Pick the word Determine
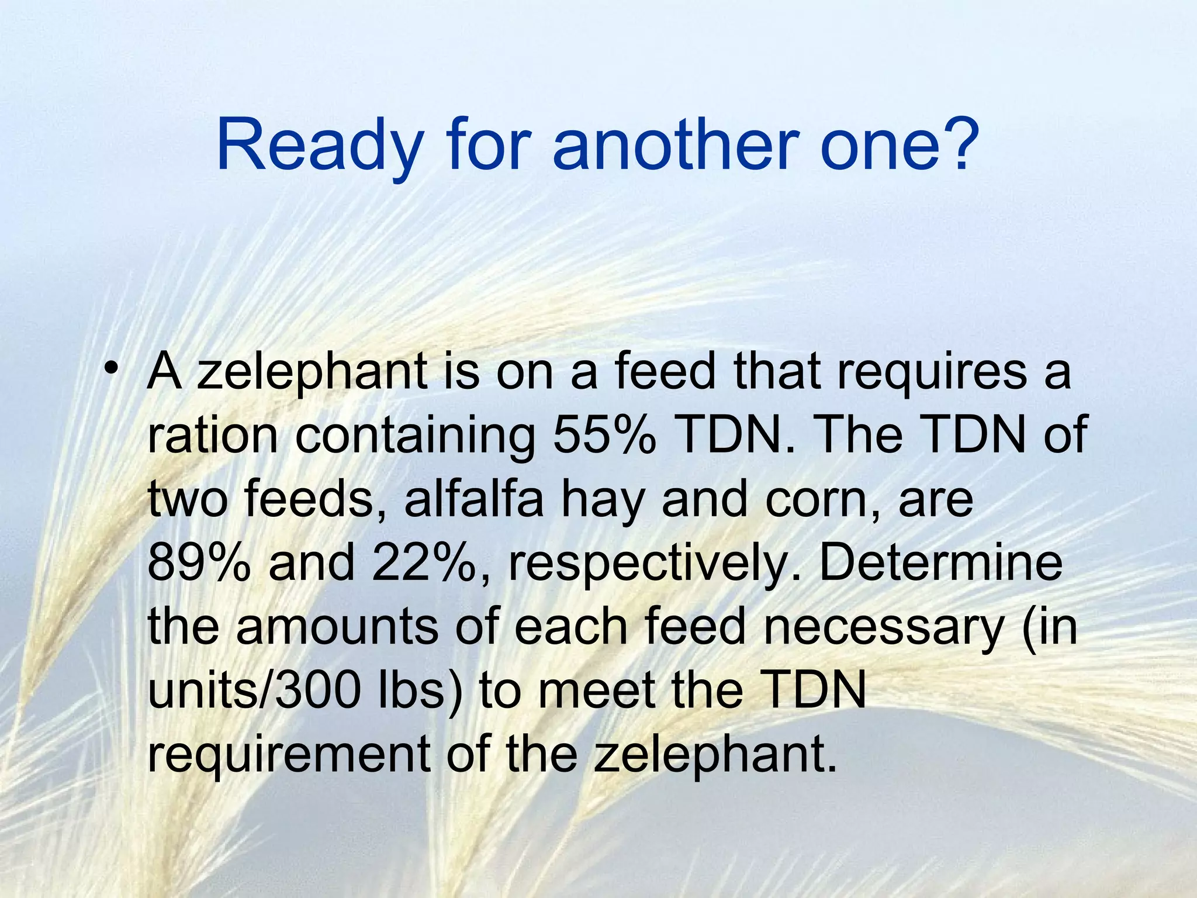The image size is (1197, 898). point(941,562)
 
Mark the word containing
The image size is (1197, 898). point(416,436)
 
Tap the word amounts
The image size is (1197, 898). point(337,627)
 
